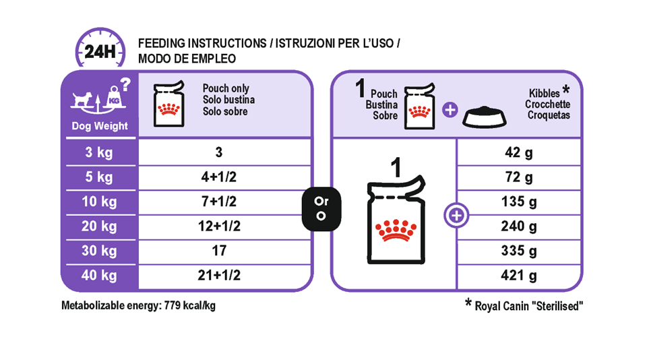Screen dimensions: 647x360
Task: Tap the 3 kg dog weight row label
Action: pos(99,152)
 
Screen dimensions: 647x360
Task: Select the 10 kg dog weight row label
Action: pos(99,202)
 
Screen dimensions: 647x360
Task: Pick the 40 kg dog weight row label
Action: pos(99,275)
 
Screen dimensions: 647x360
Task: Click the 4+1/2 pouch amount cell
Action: pos(218,177)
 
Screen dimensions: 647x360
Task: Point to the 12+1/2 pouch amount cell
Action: pos(219,226)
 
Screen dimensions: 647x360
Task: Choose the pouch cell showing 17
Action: pos(219,250)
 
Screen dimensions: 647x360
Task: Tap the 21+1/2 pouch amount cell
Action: pos(219,275)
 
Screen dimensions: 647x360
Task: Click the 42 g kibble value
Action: pos(519,153)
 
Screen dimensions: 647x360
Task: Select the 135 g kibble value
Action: pos(519,202)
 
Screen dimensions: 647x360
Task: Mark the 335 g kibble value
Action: pos(519,251)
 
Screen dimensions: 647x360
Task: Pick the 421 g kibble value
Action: pos(519,275)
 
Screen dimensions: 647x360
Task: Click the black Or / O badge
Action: pos(321,209)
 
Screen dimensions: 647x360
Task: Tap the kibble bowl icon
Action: pos(485,117)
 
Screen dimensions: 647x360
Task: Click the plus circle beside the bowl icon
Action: pos(450,110)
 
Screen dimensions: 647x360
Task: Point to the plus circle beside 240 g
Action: pos(456,215)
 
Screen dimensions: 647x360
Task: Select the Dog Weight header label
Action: pos(100,126)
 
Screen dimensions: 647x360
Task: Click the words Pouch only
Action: pos(226,88)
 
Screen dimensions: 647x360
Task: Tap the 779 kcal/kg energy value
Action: pos(190,305)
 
